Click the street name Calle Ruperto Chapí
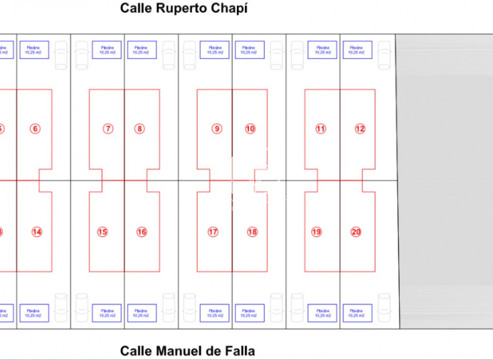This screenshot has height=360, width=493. tap(184, 9)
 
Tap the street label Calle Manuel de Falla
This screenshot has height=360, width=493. tap(187, 351)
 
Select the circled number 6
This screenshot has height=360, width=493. tap(35, 129)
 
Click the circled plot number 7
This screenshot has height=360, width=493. tap(108, 129)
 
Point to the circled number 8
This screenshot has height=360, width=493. tap(139, 129)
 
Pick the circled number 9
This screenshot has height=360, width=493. tap(217, 129)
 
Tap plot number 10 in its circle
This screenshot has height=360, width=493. tap(250, 129)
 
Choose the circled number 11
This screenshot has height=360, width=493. tap(320, 129)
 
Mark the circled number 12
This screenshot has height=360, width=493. tap(360, 129)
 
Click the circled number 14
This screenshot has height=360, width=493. tap(37, 232)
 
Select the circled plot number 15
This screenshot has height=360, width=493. tap(102, 232)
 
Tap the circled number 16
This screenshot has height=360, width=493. tap(142, 232)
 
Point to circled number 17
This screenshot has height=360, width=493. tap(213, 232)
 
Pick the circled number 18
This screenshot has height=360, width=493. tap(252, 232)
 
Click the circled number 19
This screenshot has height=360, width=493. tap(317, 232)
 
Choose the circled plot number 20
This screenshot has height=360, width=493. tap(356, 232)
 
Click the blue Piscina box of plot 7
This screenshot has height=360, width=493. tap(107, 50)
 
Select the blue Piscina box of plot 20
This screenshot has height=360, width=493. tap(358, 313)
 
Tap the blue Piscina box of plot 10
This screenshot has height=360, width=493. tap(250, 50)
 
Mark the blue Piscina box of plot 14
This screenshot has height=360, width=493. tap(34, 313)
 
